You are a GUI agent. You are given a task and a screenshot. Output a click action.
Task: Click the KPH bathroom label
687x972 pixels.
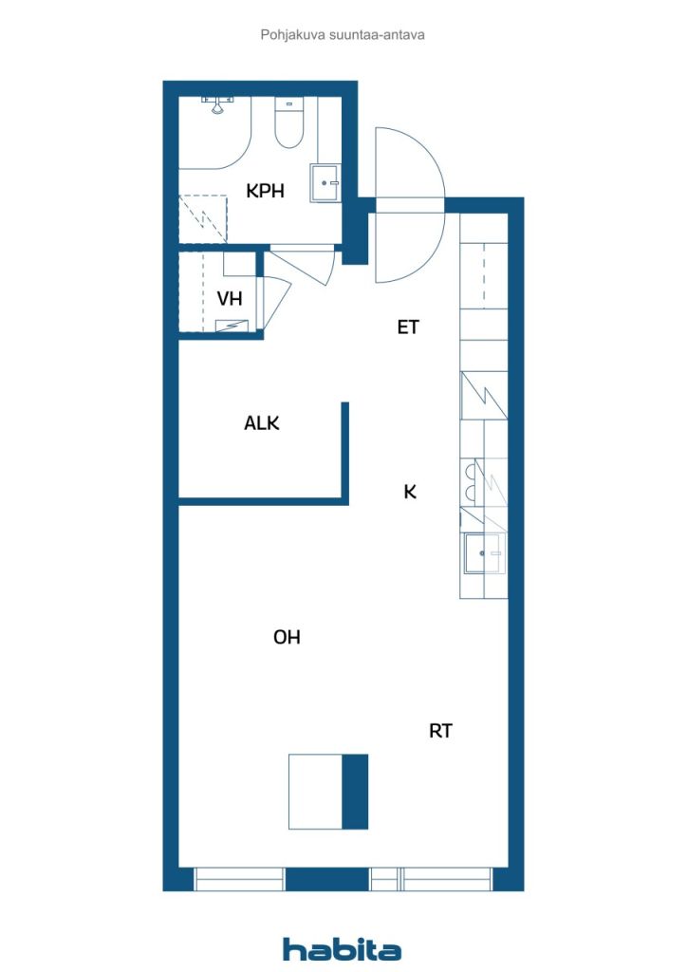pos(265,191)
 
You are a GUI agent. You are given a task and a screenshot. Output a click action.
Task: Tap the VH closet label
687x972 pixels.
pos(230,299)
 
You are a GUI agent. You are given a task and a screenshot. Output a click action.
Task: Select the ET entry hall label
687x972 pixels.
pos(408,327)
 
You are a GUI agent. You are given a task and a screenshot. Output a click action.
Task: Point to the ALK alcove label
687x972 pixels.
pos(261,423)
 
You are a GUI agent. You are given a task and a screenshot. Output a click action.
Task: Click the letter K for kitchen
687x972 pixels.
pos(410,493)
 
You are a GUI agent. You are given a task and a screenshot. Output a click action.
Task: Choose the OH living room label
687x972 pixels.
pos(287,637)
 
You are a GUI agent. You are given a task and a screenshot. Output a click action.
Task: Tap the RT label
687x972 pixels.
pos(440,731)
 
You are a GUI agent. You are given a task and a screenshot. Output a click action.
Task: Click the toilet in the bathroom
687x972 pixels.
pos(288,123)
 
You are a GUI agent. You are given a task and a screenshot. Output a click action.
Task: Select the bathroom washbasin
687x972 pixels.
pos(325,183)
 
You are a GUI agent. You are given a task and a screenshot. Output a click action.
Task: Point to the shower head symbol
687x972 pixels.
pos(216,105)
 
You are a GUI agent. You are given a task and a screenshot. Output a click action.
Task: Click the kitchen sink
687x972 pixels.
pos(483,553)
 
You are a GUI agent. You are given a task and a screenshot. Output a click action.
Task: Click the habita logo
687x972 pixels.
pos(342,949)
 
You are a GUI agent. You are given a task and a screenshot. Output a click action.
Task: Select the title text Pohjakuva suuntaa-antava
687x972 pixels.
pos(343,35)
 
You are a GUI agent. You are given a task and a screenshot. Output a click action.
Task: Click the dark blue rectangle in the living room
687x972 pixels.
pos(355,792)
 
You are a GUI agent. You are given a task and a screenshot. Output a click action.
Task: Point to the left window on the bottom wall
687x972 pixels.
pos(239,879)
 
